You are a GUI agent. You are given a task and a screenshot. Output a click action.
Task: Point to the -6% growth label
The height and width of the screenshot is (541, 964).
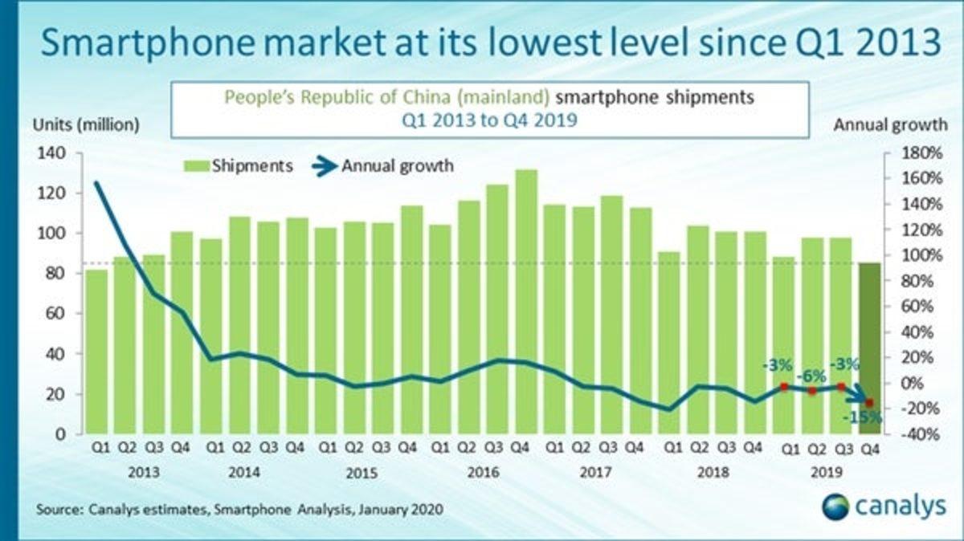point(811,376)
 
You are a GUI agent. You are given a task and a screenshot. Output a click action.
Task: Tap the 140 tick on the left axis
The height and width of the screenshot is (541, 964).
point(50,153)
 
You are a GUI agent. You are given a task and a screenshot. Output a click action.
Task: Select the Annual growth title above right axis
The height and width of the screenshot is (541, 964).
point(891,125)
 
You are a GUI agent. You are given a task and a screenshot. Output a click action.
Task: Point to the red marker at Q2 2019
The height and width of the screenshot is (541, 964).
point(812,391)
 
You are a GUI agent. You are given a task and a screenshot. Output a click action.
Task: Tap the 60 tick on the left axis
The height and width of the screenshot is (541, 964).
point(54,314)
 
